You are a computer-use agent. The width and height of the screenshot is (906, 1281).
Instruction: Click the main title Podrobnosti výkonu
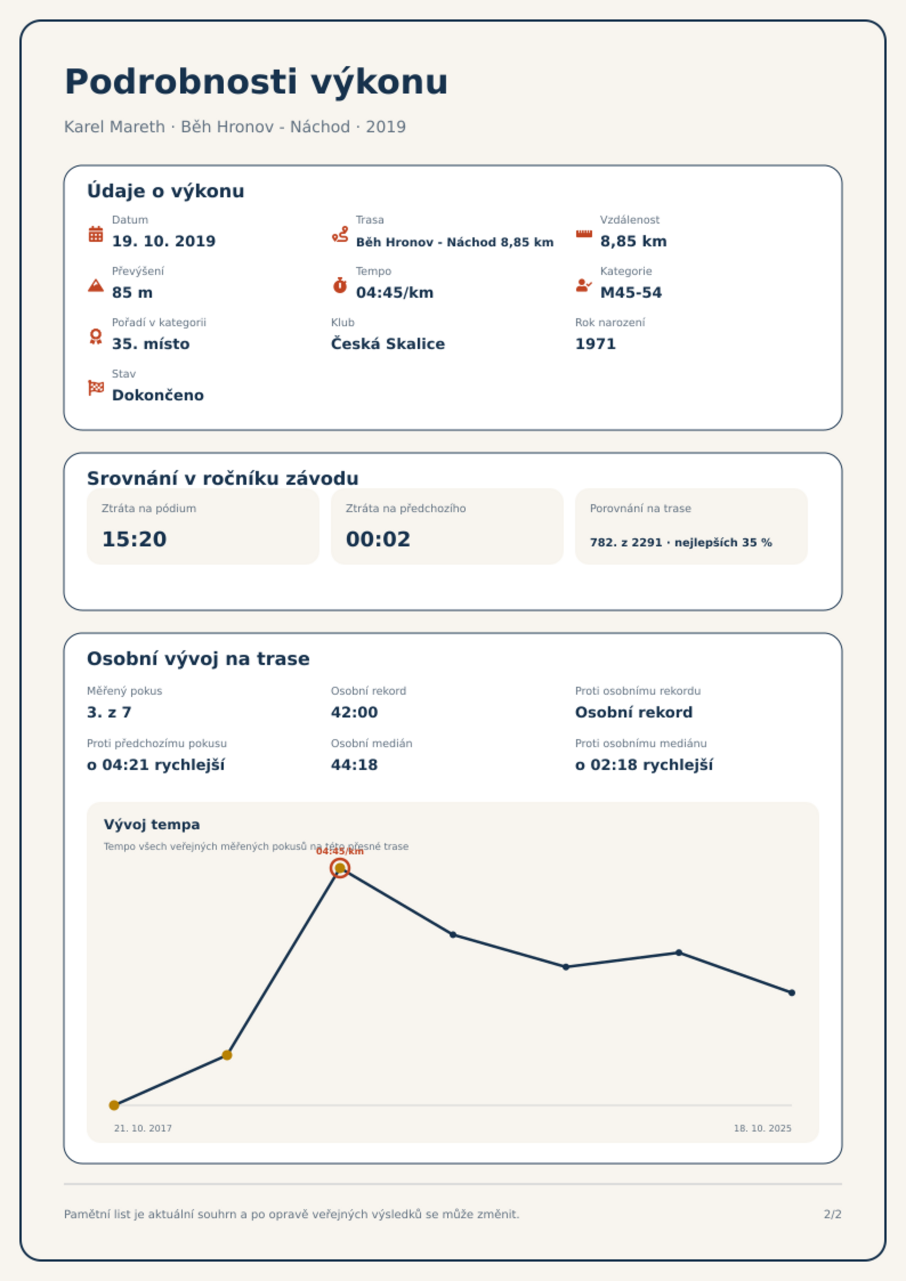tap(256, 82)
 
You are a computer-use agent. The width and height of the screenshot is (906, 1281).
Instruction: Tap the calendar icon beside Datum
tap(96, 234)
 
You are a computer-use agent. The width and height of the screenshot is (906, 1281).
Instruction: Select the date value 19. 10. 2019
tap(164, 241)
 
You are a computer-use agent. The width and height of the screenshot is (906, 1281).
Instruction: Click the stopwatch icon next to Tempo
tap(340, 285)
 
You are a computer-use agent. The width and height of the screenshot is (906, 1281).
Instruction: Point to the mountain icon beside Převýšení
tap(96, 285)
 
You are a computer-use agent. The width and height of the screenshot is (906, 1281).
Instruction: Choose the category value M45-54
tap(631, 293)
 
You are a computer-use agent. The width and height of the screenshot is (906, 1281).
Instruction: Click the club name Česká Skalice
tap(388, 344)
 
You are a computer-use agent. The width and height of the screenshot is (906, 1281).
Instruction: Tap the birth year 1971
tap(596, 344)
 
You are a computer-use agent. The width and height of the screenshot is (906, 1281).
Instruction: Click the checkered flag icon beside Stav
tap(96, 388)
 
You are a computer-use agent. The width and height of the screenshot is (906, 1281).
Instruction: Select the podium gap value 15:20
tap(134, 539)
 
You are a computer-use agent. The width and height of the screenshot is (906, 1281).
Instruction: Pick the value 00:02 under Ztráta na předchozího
tap(378, 539)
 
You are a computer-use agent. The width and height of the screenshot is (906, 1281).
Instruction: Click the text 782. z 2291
tap(626, 542)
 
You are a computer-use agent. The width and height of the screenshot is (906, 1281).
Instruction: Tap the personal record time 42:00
tap(354, 712)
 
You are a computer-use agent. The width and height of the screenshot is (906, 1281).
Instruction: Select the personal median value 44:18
tap(354, 765)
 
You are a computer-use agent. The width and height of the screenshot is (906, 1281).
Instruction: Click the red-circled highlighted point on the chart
tap(340, 868)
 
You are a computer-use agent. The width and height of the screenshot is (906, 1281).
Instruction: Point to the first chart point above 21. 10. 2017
tap(114, 1105)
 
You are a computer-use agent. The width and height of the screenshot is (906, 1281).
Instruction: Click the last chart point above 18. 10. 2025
tap(792, 993)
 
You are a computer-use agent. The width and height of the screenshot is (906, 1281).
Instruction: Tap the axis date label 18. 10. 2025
tap(762, 1128)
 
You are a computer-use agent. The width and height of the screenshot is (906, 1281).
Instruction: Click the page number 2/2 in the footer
tap(833, 1214)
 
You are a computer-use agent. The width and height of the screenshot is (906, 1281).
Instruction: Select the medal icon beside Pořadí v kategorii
tap(96, 337)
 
